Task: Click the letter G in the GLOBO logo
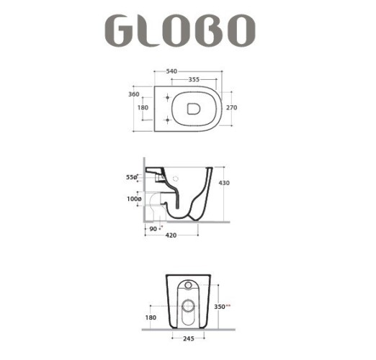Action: click(123, 31)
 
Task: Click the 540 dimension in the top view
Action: click(172, 71)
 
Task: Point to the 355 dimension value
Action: click(194, 80)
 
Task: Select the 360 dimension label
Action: click(134, 94)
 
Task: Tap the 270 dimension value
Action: click(231, 108)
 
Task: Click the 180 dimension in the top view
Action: click(144, 108)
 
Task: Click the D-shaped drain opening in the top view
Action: click(193, 108)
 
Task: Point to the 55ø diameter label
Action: click(132, 176)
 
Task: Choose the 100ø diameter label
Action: click(132, 198)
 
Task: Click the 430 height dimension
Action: click(225, 184)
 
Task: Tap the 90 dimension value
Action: click(153, 228)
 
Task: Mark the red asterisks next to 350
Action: click(229, 306)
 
